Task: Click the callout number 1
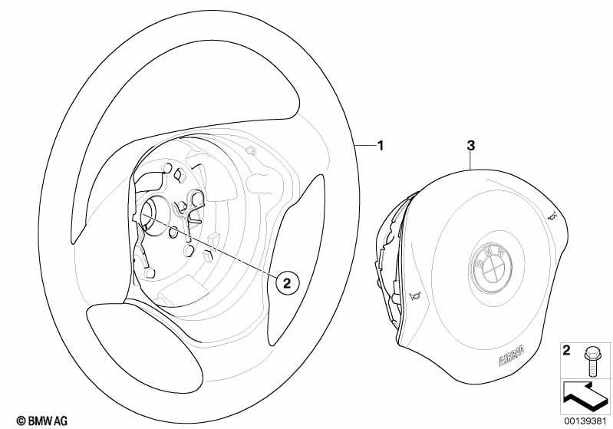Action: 380,146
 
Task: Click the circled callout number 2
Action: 287,282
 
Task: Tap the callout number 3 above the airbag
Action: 471,146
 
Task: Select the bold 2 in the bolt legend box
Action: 566,350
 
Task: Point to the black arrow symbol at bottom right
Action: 586,396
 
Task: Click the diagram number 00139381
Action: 585,421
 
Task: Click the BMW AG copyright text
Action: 42,421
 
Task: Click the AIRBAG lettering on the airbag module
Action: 512,356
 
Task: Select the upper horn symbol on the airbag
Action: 552,215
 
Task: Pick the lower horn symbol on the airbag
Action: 414,296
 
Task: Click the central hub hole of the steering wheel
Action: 154,216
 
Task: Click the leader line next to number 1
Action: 364,146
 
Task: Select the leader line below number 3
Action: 471,160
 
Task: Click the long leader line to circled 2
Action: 209,245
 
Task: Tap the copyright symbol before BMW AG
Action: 21,421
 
